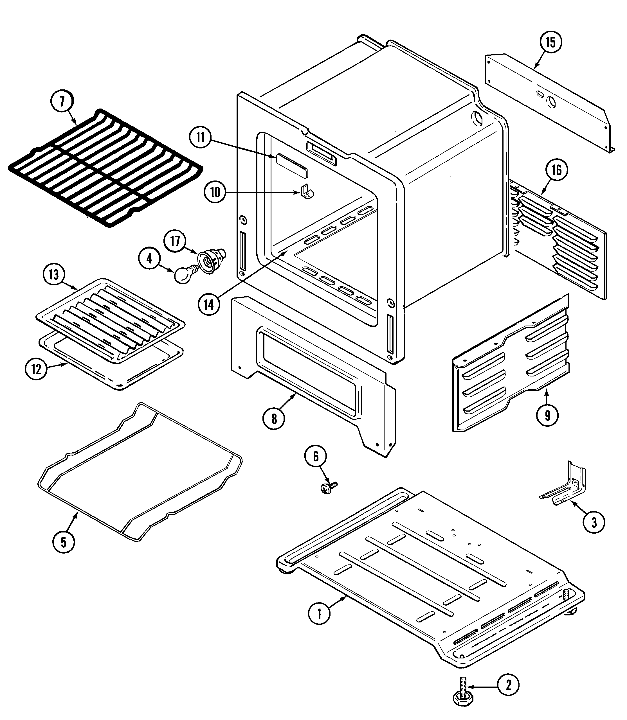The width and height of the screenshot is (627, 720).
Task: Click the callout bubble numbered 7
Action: click(62, 102)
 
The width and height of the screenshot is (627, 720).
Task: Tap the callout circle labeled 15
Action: click(551, 43)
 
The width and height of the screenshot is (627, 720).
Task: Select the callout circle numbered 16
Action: click(557, 170)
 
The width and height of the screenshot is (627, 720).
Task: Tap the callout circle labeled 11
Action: click(201, 138)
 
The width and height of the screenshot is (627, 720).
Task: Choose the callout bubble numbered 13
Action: click(54, 274)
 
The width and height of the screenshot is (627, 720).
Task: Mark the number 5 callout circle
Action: click(63, 552)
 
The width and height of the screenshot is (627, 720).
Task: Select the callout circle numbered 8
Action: click(274, 419)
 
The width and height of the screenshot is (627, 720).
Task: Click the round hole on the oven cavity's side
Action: click(477, 118)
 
